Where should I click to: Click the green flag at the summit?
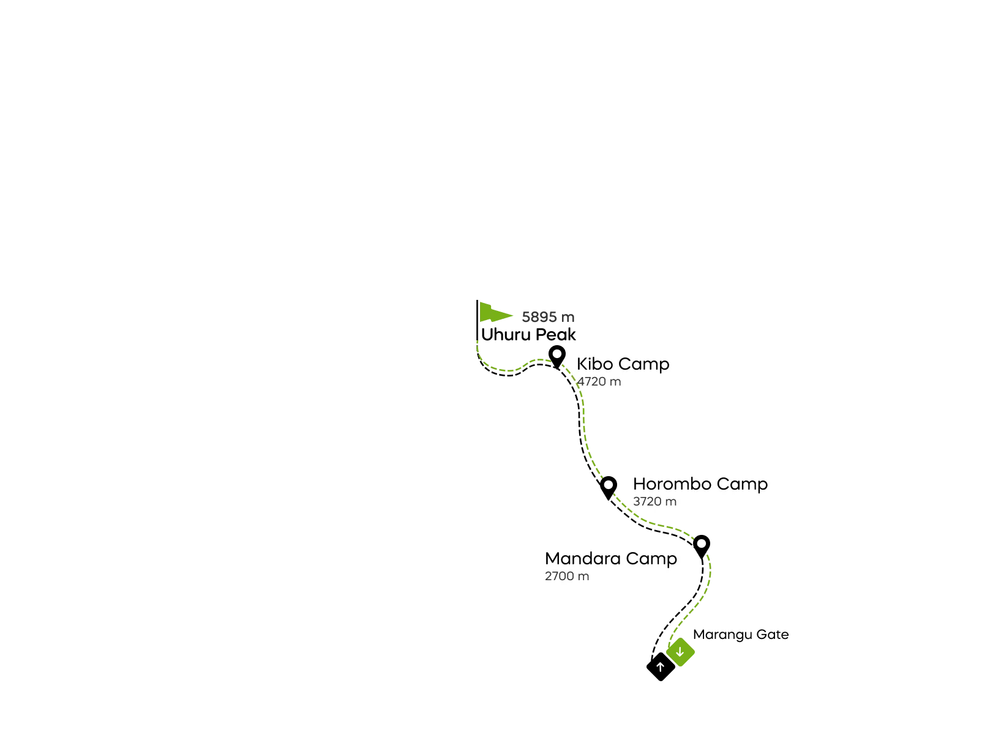pyautogui.click(x=493, y=313)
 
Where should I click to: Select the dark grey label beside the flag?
pyautogui.click(x=548, y=317)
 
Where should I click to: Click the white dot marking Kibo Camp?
pyautogui.click(x=557, y=354)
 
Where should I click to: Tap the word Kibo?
pyautogui.click(x=594, y=364)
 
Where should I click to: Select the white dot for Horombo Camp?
pyautogui.click(x=609, y=485)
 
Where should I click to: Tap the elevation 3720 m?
pyautogui.click(x=654, y=502)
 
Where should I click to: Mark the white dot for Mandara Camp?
pyautogui.click(x=702, y=543)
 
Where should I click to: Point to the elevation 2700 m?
pyautogui.click(x=567, y=577)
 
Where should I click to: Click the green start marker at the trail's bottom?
pyautogui.click(x=680, y=652)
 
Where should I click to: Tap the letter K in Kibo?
pyautogui.click(x=582, y=364)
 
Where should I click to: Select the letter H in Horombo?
pyautogui.click(x=639, y=484)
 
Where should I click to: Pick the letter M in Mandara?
pyautogui.click(x=552, y=559)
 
